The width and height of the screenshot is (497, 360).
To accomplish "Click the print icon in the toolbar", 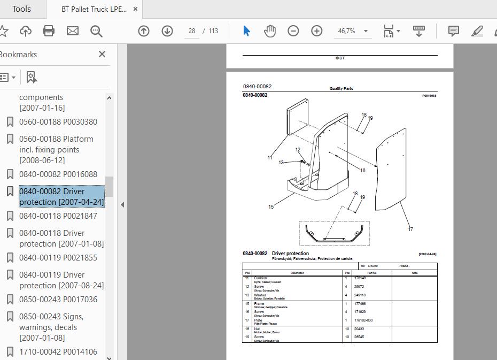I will tap(49, 31).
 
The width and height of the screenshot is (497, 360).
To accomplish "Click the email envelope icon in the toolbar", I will tap(73, 31).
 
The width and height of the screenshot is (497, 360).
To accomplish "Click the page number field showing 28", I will tap(192, 31).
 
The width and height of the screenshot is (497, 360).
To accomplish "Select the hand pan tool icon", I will tap(270, 31).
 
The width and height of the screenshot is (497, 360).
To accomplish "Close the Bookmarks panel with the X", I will tap(102, 54).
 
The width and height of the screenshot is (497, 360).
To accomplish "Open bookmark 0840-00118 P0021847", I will tap(58, 216).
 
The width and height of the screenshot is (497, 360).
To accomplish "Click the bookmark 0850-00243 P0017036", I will tap(58, 300).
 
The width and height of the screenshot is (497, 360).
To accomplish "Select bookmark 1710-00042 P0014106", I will tap(58, 352).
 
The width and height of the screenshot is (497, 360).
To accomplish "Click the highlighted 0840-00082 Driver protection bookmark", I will tap(61, 197).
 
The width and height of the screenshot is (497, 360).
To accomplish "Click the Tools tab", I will tap(21, 9).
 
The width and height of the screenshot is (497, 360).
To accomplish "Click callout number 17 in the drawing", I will tap(410, 229).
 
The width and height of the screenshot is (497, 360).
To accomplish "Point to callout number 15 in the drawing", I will tap(271, 207).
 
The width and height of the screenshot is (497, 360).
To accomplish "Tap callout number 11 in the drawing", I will tap(270, 158).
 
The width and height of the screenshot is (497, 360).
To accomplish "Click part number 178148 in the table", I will tap(360, 278).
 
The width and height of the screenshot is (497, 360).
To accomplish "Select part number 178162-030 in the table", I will tap(363, 320).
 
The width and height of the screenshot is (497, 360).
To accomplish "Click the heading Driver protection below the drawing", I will tap(290, 254).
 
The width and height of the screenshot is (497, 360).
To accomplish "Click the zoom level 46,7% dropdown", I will tap(352, 31).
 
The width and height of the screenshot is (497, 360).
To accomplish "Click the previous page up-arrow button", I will tap(144, 31).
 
